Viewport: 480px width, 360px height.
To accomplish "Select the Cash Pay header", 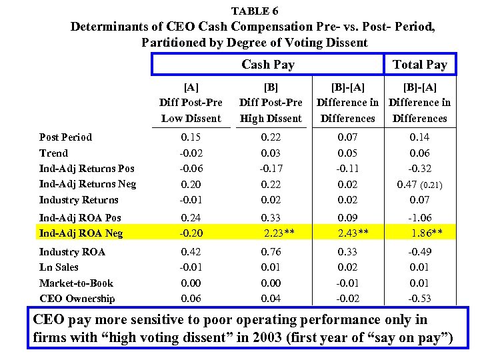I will point(267,65).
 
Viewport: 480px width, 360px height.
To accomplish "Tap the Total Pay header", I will point(419,65).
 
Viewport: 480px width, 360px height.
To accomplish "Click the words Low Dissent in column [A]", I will point(191,119).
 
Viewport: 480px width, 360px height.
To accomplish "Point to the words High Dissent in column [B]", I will point(271,119).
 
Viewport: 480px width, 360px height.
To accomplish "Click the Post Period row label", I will point(65,137).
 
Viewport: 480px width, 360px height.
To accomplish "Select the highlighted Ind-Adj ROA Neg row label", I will point(81,233).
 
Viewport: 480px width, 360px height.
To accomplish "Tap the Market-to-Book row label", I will point(76,283).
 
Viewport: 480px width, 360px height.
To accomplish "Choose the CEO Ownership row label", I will point(77,299).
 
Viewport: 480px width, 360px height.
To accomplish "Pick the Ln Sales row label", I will point(59,267).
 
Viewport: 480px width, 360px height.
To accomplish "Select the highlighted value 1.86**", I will point(426,233).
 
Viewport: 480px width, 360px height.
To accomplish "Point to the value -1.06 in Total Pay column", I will point(420,217).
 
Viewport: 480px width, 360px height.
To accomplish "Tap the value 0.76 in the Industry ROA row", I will point(271,252).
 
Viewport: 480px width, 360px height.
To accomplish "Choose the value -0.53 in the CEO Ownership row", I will point(420,299).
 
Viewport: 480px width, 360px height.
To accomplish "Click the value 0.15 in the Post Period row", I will point(191,137).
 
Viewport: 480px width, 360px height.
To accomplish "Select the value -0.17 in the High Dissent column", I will point(271,169).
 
